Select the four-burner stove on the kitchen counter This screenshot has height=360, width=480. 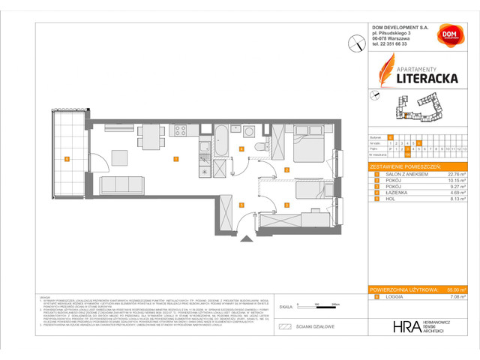180,130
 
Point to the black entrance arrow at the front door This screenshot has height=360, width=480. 244,239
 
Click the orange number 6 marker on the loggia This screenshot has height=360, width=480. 67,158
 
